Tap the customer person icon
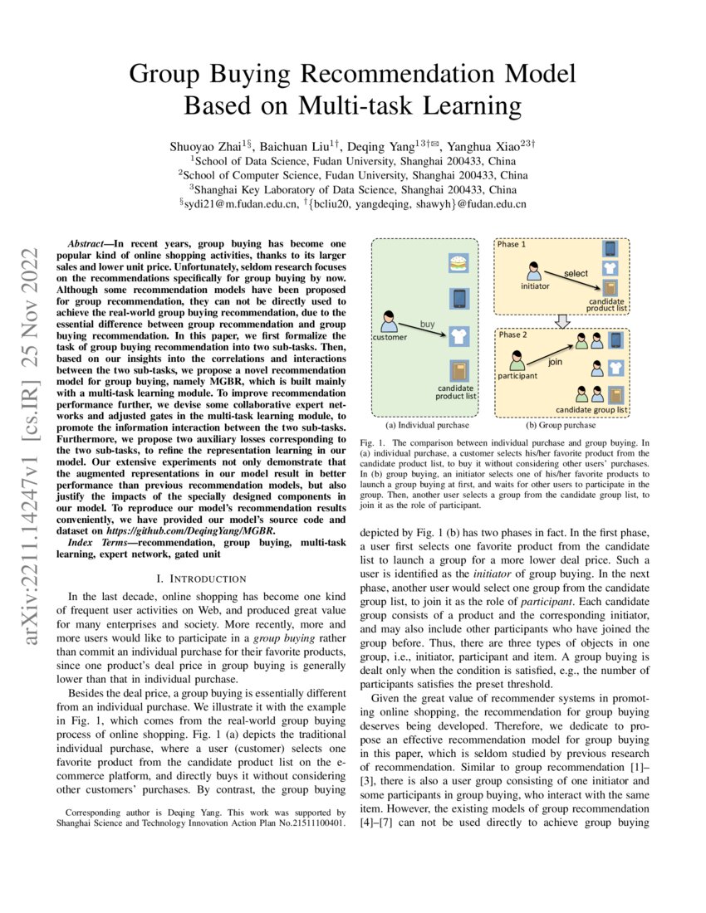[387, 320]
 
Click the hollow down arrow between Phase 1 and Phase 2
[562, 321]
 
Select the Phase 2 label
[512, 334]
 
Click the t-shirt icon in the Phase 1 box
[610, 268]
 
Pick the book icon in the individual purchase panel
[459, 370]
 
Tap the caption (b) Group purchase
[562, 424]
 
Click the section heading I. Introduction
[206, 578]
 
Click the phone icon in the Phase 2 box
[615, 340]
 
